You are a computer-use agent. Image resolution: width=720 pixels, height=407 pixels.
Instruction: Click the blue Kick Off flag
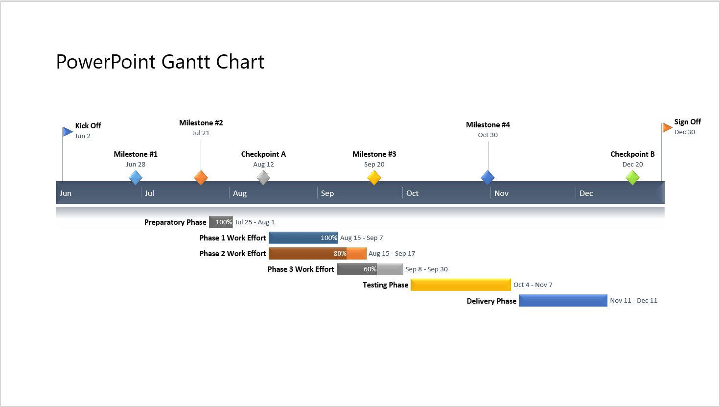68,131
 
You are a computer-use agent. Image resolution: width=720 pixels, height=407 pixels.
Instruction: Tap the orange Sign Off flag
667,128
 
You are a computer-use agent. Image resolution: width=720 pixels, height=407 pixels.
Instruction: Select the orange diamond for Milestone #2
201,177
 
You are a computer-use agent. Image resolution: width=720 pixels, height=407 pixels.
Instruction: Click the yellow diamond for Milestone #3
374,177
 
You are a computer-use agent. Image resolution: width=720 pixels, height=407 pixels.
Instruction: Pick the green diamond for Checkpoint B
632,177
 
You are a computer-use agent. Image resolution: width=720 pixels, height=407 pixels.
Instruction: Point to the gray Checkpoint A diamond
263,177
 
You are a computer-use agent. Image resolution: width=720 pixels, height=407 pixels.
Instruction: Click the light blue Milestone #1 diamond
136,177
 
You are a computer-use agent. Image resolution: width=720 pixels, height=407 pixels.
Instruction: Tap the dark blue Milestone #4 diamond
488,177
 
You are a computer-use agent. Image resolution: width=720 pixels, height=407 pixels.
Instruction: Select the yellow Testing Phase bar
460,285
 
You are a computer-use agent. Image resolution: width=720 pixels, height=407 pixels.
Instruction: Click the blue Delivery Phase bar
562,300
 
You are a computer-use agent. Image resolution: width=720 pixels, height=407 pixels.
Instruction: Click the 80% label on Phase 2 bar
340,253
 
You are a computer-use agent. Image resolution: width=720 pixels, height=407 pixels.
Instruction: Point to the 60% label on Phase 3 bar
370,269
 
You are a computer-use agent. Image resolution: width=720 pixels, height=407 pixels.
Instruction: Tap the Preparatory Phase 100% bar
221,222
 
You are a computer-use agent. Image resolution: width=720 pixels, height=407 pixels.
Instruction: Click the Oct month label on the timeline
412,193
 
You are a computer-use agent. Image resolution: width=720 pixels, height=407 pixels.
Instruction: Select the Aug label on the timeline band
240,193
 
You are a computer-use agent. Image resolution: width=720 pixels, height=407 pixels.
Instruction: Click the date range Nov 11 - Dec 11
633,300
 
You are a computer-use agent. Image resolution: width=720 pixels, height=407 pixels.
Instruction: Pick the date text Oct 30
488,135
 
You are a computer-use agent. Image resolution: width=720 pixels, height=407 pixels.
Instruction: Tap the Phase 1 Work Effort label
232,238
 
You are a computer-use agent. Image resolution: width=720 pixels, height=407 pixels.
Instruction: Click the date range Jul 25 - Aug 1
255,222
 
